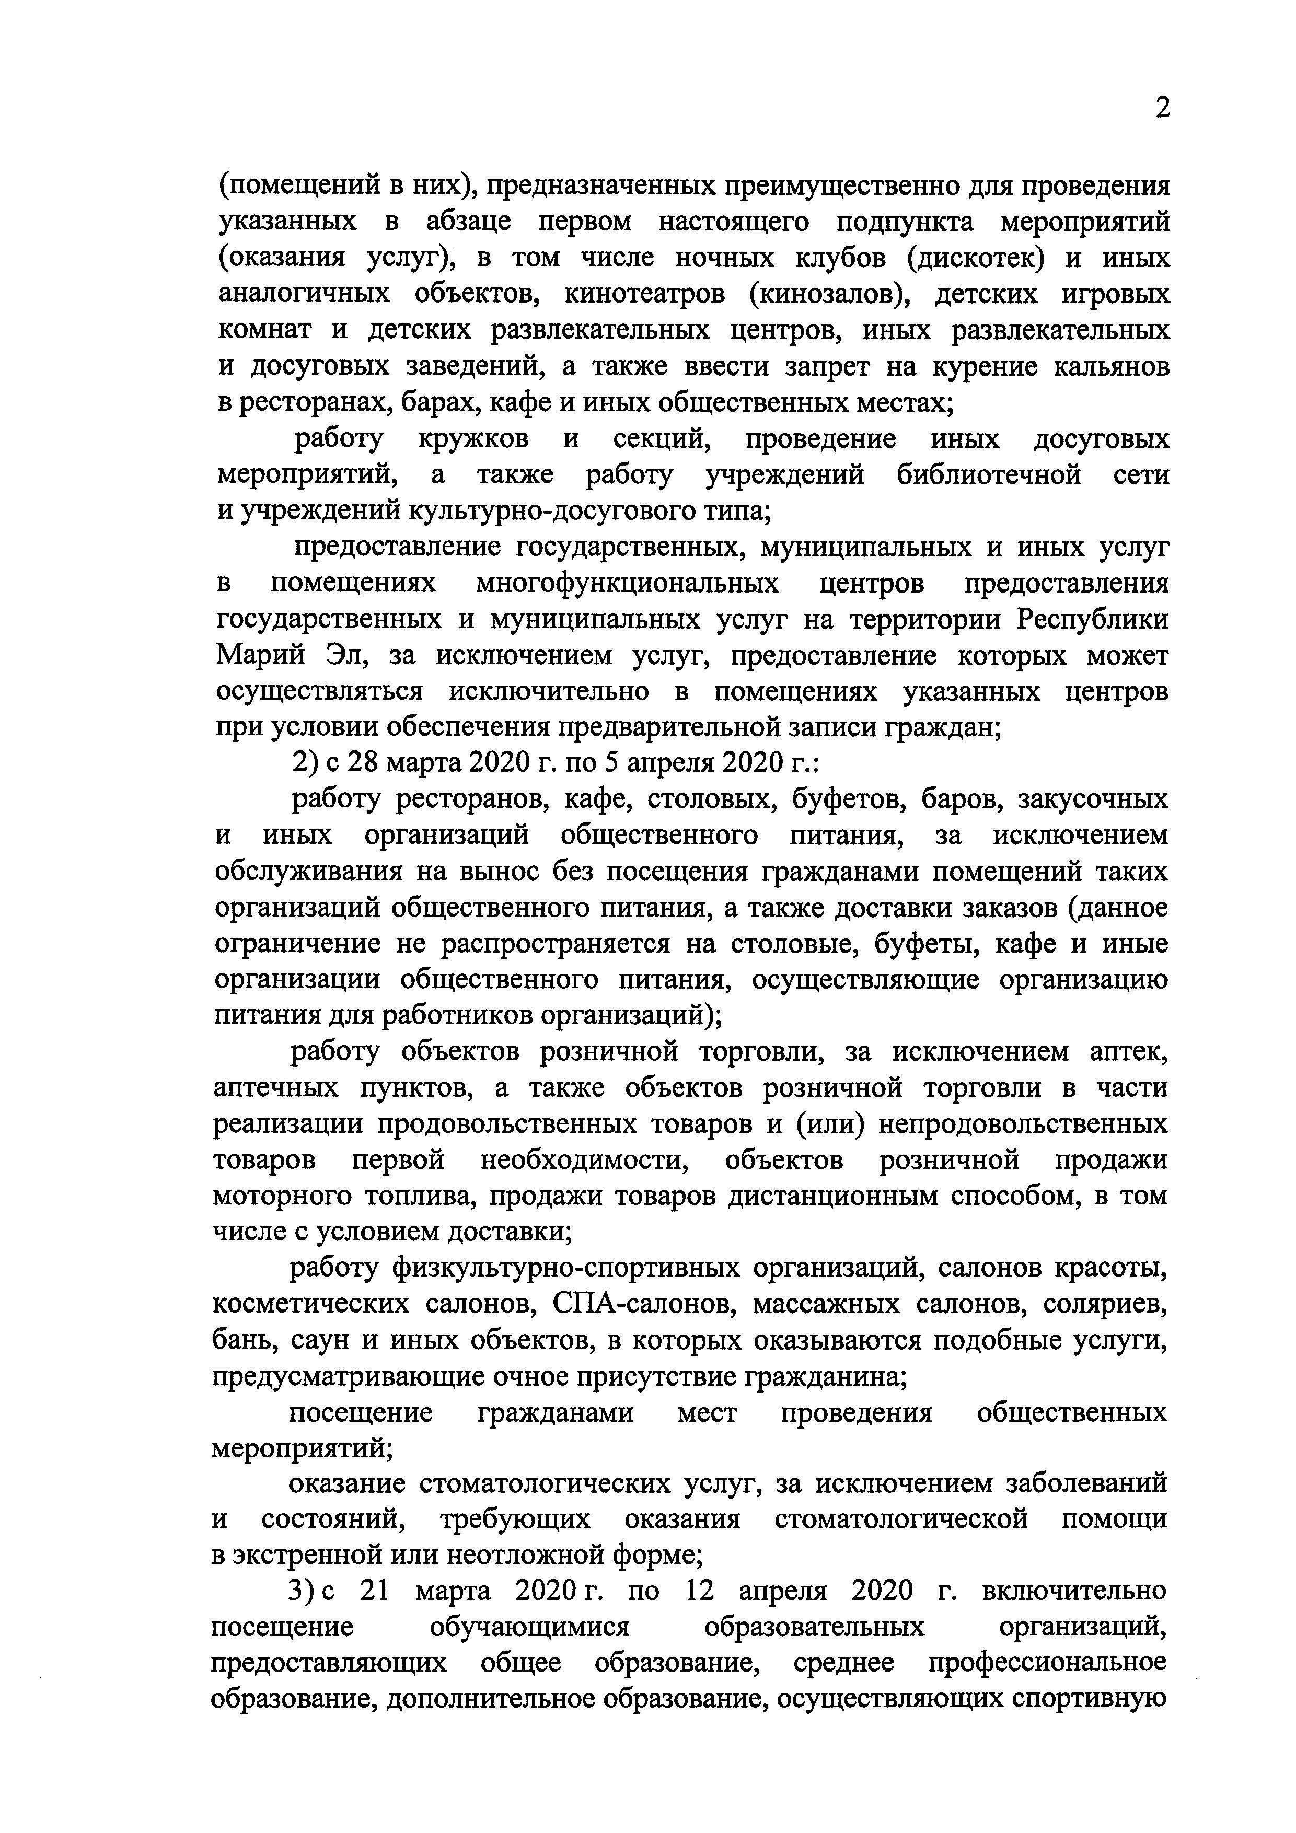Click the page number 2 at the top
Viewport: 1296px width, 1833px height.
(1163, 108)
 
